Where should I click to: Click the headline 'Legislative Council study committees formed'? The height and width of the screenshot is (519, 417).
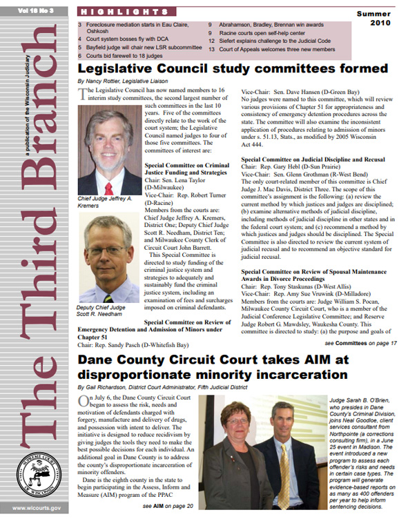(x=233, y=69)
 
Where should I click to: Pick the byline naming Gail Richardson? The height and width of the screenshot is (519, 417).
(x=160, y=389)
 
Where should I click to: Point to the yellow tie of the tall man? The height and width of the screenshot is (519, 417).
(x=284, y=469)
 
